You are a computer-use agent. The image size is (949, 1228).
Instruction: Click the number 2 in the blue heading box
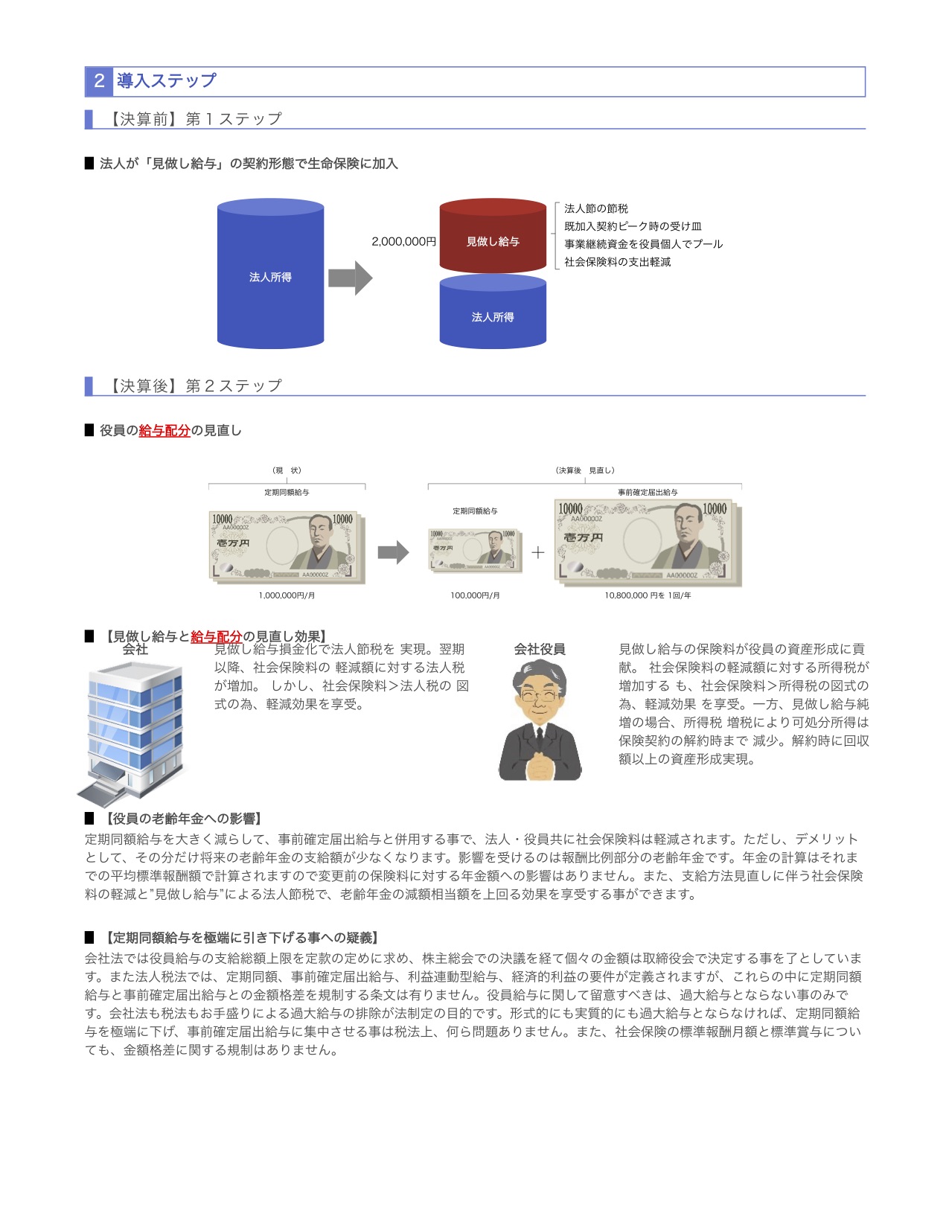(x=99, y=81)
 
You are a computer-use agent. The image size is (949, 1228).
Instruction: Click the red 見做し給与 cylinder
(x=493, y=237)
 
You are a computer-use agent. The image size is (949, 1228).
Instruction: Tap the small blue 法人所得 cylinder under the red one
(x=493, y=313)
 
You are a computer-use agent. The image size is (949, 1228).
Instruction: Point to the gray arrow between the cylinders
(x=350, y=278)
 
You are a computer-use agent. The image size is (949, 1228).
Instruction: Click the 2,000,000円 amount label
(x=403, y=242)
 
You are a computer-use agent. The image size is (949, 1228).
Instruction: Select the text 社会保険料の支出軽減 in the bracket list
(x=617, y=262)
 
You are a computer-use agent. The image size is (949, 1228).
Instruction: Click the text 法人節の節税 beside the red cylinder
(x=595, y=208)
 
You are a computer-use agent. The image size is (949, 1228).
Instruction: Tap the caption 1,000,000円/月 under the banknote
(x=287, y=595)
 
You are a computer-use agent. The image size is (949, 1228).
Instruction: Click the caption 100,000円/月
(x=475, y=595)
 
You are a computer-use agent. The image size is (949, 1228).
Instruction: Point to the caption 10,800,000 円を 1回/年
(x=648, y=595)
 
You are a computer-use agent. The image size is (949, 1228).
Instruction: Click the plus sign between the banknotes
(x=538, y=552)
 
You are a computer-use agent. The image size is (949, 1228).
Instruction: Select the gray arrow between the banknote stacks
(x=393, y=552)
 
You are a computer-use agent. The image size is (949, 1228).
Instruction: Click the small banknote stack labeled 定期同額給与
(x=475, y=551)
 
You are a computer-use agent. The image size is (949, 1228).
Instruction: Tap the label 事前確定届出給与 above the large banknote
(x=648, y=493)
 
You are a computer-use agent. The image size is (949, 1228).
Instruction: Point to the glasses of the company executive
(x=540, y=697)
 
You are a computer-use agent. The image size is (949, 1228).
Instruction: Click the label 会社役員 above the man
(x=540, y=649)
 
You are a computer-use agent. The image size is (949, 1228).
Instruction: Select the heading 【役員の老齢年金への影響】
(x=183, y=819)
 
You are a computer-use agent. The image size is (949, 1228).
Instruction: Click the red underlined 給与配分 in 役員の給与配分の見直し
(x=164, y=430)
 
